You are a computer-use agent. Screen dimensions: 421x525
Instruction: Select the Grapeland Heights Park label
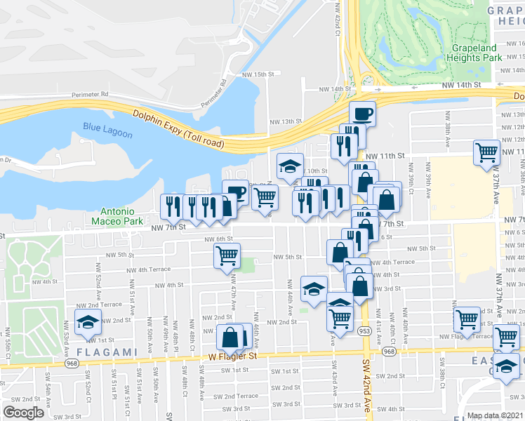pyautogui.click(x=476, y=53)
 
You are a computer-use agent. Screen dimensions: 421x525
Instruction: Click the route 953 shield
pyautogui.click(x=366, y=329)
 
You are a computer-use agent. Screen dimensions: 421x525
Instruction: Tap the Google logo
pyautogui.click(x=23, y=413)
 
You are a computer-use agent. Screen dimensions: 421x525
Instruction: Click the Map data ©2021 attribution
pyautogui.click(x=496, y=415)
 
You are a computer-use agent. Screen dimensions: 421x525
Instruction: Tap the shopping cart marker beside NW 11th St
pyautogui.click(x=486, y=152)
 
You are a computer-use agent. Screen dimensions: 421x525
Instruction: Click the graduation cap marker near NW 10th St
pyautogui.click(x=290, y=165)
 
